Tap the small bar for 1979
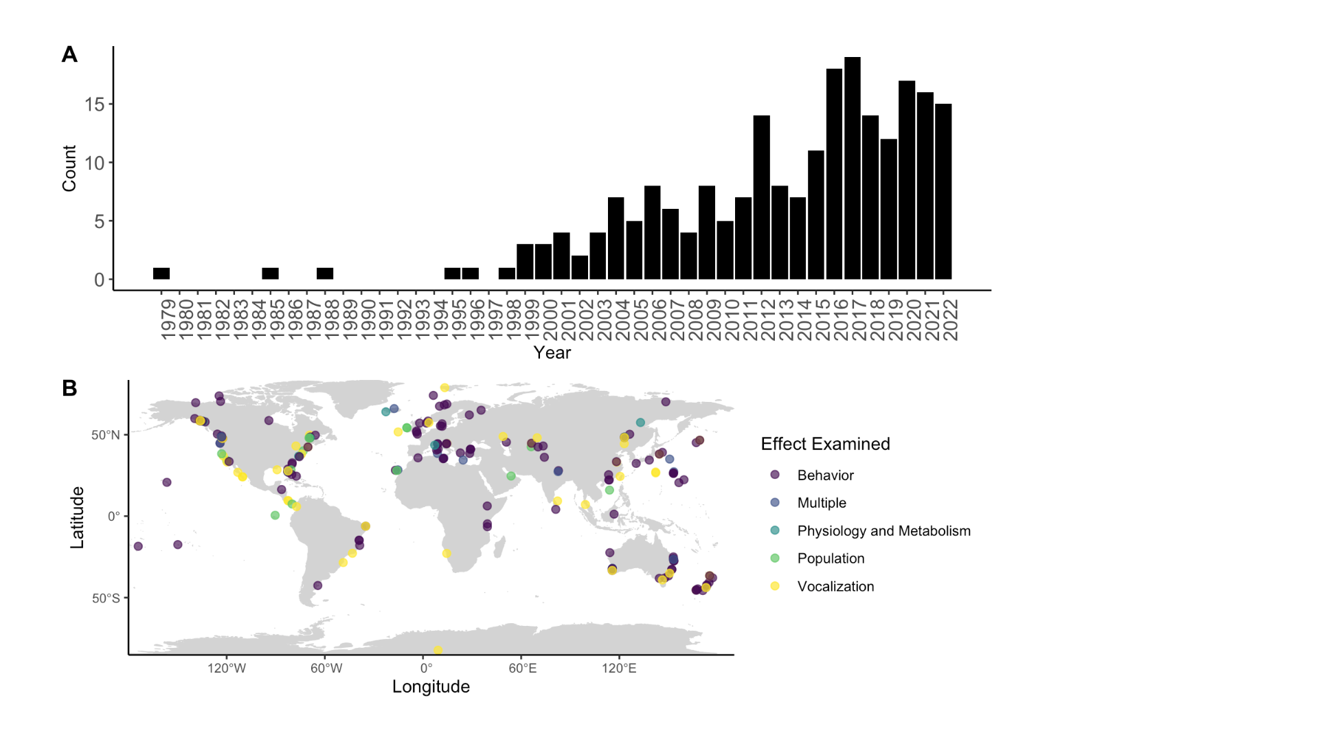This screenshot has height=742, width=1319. click(161, 273)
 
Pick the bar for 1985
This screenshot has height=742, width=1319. click(270, 273)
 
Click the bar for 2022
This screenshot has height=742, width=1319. click(943, 192)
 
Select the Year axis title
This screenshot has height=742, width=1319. click(552, 352)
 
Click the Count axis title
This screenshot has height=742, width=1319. click(69, 168)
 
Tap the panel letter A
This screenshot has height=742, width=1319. click(69, 54)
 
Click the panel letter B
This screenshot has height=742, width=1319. click(69, 388)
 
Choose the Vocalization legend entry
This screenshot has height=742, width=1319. click(835, 587)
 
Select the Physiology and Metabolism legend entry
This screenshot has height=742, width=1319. click(883, 531)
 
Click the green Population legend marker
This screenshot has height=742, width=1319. click(775, 559)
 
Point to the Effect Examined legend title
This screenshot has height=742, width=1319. click(825, 444)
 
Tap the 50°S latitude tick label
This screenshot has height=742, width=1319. click(106, 598)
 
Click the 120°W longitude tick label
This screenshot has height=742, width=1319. click(227, 668)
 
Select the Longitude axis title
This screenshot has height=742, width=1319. click(431, 686)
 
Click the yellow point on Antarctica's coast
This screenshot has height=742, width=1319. click(438, 650)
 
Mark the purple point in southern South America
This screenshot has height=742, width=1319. click(317, 585)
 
